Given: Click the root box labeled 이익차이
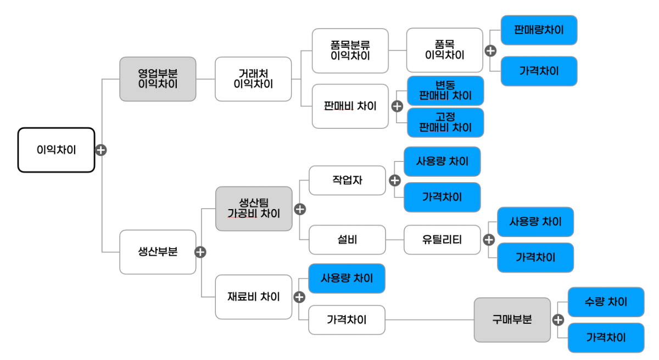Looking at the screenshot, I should coord(56,150).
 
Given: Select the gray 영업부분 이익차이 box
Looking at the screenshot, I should coord(158,79).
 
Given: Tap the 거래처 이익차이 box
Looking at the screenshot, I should coord(253,79).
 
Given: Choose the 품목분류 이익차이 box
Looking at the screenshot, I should coord(350,50).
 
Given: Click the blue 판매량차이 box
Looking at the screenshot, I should coord(539,30).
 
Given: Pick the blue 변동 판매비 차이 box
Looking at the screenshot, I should coord(445,91).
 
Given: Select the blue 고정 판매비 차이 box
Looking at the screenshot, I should coord(445,122).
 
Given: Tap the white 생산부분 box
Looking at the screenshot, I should coord(158,252).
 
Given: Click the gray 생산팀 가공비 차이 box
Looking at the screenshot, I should coord(254,209).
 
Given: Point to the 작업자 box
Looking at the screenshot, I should coord(347,180).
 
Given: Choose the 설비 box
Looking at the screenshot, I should coord(347,240).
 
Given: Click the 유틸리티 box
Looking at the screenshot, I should coord(442,240).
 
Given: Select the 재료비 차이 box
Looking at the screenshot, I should coord(254,297).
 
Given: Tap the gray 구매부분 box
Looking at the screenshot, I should coord(512,319).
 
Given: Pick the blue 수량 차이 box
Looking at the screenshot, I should coord(606,302).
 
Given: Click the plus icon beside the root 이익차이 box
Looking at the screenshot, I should coord(101,150).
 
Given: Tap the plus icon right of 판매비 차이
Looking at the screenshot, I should coord(397,106).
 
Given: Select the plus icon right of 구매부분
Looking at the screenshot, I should coord(559,319).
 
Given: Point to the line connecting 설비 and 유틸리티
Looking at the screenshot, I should coord(395,240).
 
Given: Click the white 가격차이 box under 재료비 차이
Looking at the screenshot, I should coord(347,319).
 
